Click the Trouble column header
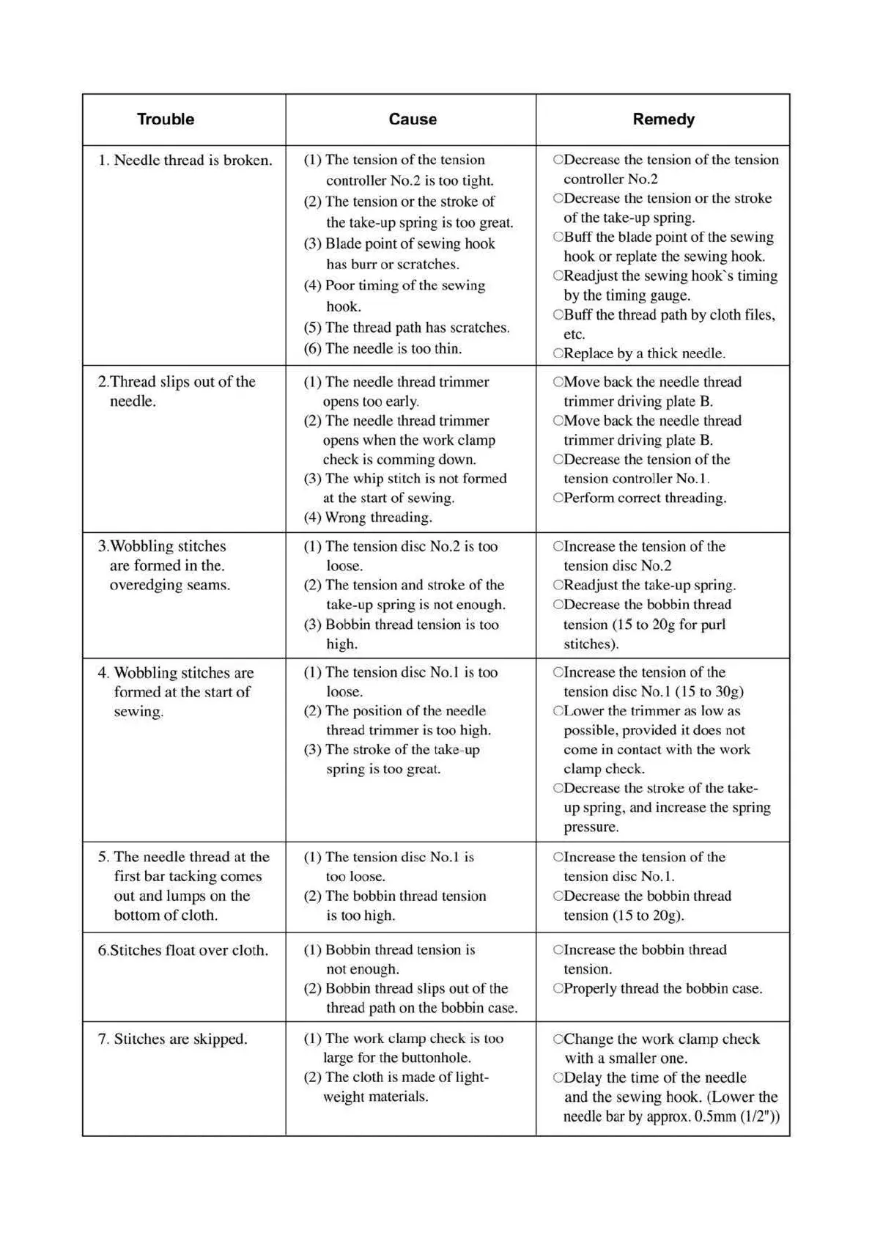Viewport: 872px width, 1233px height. pos(166,119)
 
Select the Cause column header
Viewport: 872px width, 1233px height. pos(413,119)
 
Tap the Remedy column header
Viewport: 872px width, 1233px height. pos(663,119)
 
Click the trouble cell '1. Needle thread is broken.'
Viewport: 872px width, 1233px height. pos(185,161)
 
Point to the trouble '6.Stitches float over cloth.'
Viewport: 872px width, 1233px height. pos(183,951)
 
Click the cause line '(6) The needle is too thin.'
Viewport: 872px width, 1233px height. pos(383,349)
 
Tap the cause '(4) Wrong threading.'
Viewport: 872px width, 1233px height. pos(368,518)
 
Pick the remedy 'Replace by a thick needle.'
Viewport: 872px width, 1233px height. pos(640,353)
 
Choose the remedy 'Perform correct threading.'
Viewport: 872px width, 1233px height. pos(640,498)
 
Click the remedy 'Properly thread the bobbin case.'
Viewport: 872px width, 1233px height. pos(658,989)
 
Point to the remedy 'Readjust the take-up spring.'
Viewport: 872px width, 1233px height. pos(645,585)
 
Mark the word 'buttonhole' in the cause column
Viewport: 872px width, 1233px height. pos(432,1058)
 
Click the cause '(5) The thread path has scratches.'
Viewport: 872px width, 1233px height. pos(407,328)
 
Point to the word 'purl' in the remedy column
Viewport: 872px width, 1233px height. pos(711,625)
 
